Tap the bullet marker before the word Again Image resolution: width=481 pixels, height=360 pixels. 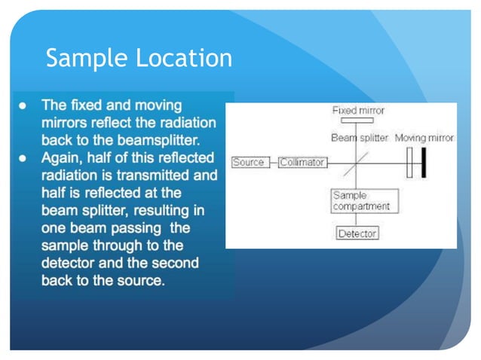click(23, 158)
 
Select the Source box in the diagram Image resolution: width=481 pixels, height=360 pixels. click(248, 163)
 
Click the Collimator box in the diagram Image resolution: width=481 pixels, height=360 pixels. click(302, 163)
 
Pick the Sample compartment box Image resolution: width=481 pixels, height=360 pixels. click(364, 201)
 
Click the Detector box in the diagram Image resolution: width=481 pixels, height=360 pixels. click(357, 233)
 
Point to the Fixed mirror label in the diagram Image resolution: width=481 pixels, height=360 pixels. click(358, 111)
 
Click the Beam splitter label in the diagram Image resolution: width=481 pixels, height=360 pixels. click(360, 138)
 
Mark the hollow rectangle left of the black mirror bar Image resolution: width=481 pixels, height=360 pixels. click(410, 163)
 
